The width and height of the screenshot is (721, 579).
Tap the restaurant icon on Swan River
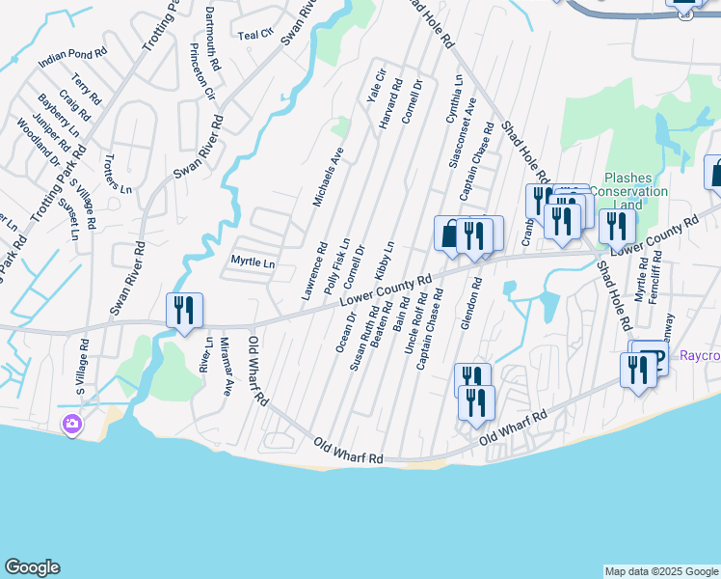[x=184, y=311]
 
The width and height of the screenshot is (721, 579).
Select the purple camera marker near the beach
[x=71, y=424]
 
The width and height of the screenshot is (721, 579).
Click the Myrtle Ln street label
[x=253, y=262]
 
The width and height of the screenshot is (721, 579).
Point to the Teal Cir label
[x=255, y=35]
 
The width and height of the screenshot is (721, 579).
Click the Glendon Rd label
[x=470, y=305]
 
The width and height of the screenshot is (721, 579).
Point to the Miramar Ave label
[x=227, y=367]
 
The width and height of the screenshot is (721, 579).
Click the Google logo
[x=32, y=567]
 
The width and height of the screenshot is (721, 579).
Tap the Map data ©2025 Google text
[x=661, y=571]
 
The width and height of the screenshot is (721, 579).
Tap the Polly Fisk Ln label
[x=336, y=266]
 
